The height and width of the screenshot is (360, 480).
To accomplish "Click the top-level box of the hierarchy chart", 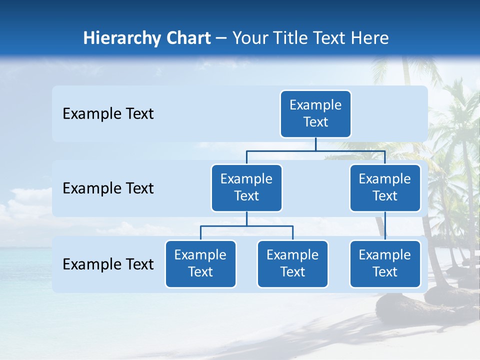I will tap(315, 113).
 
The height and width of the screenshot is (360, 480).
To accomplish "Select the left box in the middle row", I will tap(246, 187).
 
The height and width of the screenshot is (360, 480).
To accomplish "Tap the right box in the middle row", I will tap(385, 187).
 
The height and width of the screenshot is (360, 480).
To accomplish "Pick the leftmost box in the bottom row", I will tap(200, 263).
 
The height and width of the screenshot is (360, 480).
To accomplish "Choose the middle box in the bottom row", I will tap(292, 263).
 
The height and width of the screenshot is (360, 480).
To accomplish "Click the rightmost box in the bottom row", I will tap(385, 263).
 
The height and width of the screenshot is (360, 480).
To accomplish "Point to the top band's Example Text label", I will tap(108, 114).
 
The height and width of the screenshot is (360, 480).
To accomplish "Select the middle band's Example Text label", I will tap(108, 188).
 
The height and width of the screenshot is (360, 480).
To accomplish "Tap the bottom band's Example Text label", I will tap(108, 264).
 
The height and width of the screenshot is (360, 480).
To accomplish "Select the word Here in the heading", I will tap(370, 38).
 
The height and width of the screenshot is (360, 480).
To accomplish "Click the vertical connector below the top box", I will tap(315, 144).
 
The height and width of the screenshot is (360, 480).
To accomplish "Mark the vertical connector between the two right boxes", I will tap(385, 225).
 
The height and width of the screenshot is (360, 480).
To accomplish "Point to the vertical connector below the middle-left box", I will tap(246, 218).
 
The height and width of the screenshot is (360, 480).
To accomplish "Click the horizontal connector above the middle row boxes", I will tap(315, 150).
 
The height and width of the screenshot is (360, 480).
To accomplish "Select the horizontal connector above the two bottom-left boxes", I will tap(246, 226).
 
